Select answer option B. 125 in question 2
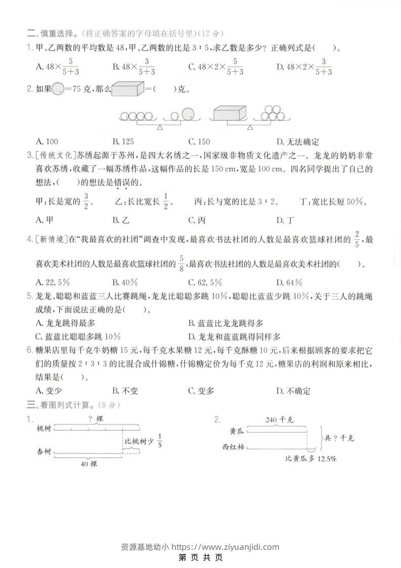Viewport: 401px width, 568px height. (x=123, y=142)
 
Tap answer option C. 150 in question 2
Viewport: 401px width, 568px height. (x=199, y=142)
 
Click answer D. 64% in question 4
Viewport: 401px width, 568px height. (x=289, y=282)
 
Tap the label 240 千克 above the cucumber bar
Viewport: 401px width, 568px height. (x=278, y=420)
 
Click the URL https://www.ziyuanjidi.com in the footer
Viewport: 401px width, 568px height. (x=226, y=546)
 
